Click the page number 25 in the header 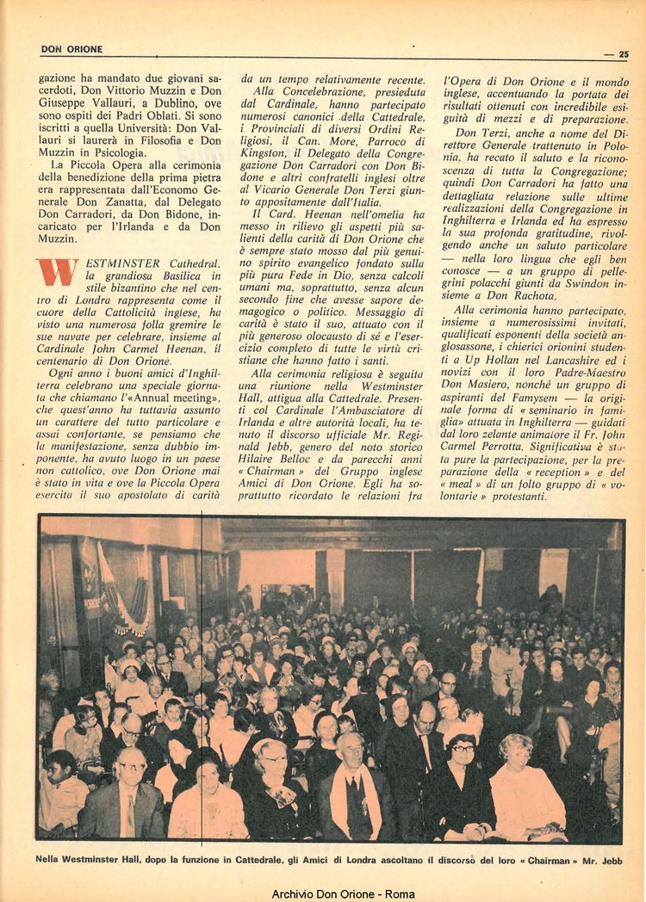click(x=624, y=54)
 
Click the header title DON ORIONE click(x=71, y=50)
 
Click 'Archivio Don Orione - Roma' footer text click(x=343, y=893)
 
